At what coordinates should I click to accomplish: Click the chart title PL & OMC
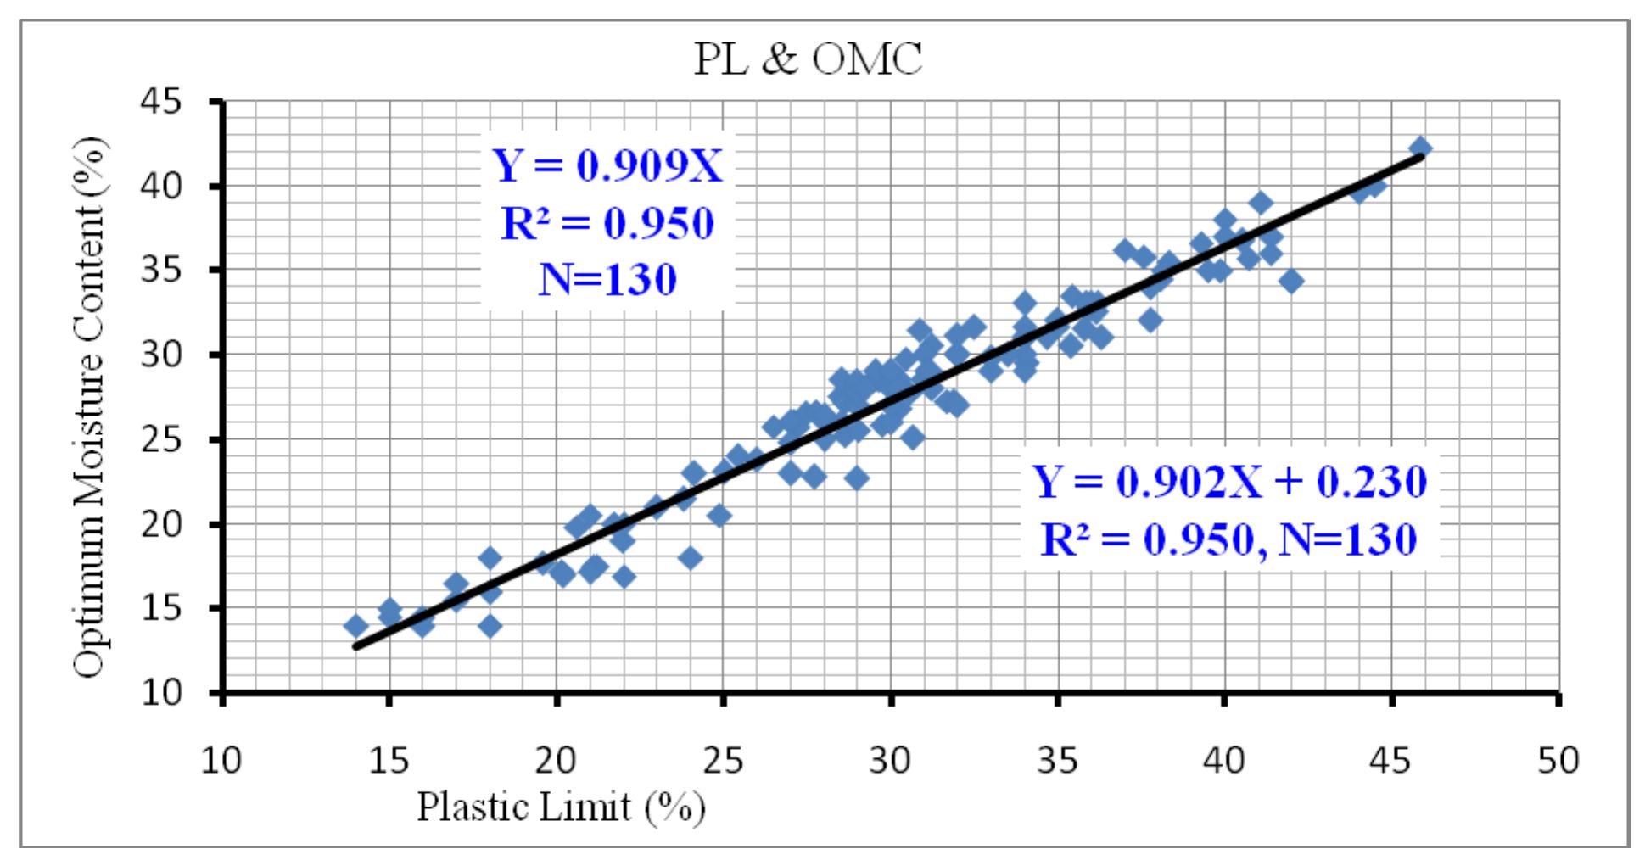[x=808, y=59]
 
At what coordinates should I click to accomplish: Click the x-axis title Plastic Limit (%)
[x=561, y=807]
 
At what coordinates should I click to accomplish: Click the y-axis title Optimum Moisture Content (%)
[x=91, y=407]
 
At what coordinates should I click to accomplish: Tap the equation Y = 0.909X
[x=607, y=166]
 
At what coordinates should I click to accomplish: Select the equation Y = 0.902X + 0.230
[x=1229, y=482]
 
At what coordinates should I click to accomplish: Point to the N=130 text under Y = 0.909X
[x=607, y=279]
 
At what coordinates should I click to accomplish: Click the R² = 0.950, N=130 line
[x=1229, y=538]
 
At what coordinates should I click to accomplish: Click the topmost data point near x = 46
[x=1420, y=149]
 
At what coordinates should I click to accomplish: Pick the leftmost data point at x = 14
[x=355, y=626]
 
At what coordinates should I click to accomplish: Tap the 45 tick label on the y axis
[x=160, y=102]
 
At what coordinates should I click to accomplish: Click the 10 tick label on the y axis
[x=160, y=693]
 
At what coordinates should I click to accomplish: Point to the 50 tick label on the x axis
[x=1558, y=760]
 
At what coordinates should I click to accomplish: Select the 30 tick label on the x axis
[x=890, y=760]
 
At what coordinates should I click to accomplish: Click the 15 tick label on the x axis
[x=389, y=760]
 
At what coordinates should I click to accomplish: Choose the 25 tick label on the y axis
[x=160, y=439]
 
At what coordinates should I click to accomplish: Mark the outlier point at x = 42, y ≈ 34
[x=1291, y=281]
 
